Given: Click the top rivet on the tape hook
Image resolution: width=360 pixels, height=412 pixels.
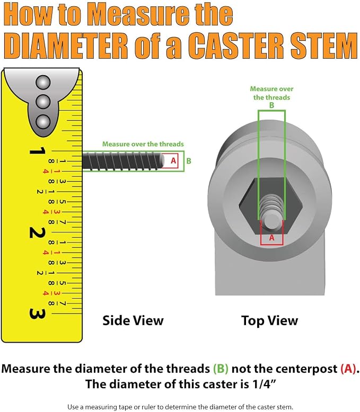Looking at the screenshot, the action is [x=43, y=83].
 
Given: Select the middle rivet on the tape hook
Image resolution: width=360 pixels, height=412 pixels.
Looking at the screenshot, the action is [x=43, y=102].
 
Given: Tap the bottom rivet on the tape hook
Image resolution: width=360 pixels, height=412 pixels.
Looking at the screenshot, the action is [x=43, y=122].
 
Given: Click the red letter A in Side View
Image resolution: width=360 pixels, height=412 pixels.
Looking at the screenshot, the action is [x=173, y=160].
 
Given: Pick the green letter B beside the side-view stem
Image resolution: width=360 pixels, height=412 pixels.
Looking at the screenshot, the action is [x=189, y=161].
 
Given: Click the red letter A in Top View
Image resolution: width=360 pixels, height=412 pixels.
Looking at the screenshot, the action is [x=271, y=238].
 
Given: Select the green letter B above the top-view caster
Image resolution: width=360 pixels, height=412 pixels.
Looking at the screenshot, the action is [x=271, y=105].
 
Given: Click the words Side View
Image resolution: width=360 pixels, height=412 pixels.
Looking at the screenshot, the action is [x=133, y=320].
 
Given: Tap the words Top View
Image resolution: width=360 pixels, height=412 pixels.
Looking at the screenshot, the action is [x=270, y=321].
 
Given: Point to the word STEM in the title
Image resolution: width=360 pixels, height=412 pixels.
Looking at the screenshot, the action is [x=324, y=46].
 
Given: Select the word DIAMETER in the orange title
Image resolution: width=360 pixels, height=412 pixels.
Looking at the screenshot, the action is [x=66, y=46].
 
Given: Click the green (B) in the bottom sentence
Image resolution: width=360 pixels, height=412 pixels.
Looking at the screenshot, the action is [x=221, y=369].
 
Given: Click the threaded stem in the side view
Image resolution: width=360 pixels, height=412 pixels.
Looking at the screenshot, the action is [x=123, y=160].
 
